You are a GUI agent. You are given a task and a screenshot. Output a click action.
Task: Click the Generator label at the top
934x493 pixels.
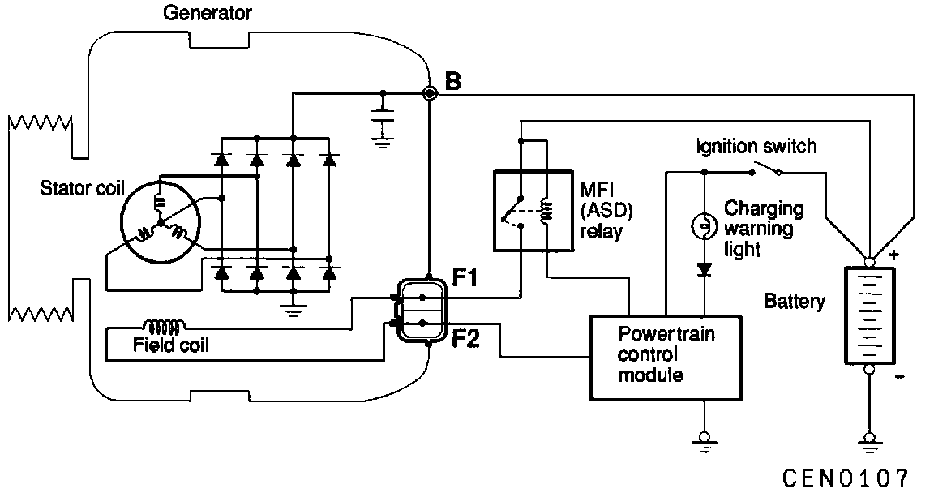(208, 13)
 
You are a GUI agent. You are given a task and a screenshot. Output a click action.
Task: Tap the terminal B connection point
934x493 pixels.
(431, 94)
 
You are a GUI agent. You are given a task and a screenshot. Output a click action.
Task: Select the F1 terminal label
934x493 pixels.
(465, 278)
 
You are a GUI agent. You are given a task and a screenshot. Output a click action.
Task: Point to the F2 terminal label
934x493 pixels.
(465, 337)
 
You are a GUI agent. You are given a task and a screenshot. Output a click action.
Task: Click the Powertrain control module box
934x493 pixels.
(666, 358)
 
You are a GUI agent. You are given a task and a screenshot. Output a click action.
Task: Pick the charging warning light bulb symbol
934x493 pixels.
(703, 226)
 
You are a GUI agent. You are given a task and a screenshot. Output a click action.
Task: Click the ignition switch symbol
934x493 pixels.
(765, 170)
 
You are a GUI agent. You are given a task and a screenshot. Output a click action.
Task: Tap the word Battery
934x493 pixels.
(795, 302)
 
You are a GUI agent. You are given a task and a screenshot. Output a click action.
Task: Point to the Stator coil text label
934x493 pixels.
(82, 190)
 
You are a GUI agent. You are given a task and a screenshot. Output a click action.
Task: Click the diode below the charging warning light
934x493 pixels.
(704, 268)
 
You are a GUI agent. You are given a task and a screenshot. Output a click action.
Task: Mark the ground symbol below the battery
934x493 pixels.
(869, 441)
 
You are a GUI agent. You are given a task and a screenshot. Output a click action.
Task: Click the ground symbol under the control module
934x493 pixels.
(704, 441)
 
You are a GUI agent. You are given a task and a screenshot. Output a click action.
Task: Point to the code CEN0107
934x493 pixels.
(846, 476)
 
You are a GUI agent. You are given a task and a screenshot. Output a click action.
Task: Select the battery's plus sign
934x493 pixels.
(893, 255)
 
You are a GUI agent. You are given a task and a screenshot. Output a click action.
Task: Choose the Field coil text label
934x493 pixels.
(170, 345)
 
